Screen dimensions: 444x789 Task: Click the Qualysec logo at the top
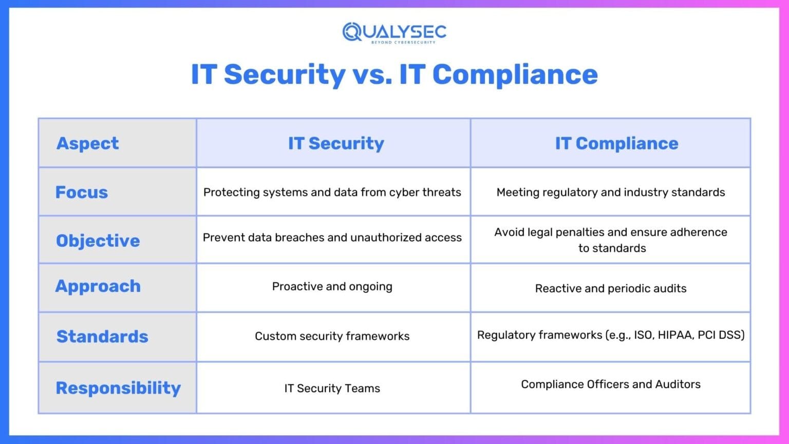pos(394,32)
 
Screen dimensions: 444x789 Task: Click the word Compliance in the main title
pos(515,74)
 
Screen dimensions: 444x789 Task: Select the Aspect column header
pos(87,143)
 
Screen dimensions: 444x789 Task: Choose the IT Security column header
pos(336,143)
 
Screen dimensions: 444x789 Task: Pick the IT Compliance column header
pos(616,143)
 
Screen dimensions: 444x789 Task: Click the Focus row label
pos(82,192)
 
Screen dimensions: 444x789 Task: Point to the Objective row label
pos(98,240)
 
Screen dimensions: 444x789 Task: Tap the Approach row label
pos(98,286)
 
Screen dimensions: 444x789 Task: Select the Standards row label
pos(102,336)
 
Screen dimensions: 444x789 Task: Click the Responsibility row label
pos(118,388)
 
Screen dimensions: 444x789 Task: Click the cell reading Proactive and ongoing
pos(332,286)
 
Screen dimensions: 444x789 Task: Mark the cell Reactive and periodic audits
pos(610,288)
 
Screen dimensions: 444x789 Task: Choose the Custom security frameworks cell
pos(332,336)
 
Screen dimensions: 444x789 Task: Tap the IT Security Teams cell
pos(332,388)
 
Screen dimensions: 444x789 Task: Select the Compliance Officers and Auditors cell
pos(610,384)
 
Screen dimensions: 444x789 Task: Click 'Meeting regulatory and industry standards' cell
pos(610,192)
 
